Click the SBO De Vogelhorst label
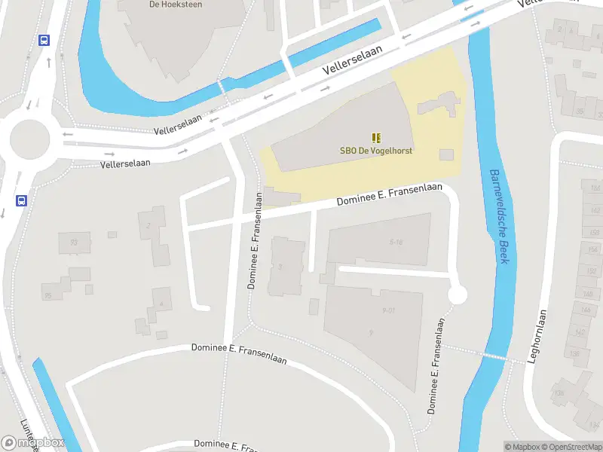point(375,151)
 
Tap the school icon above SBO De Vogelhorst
point(375,138)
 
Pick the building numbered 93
point(74,242)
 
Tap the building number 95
point(47,295)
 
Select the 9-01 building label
point(389,310)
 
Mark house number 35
point(580,111)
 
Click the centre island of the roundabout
point(29,139)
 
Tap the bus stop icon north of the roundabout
point(44,41)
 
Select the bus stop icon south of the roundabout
point(22,201)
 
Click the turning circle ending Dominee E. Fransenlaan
point(457,295)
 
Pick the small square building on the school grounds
point(446,154)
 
